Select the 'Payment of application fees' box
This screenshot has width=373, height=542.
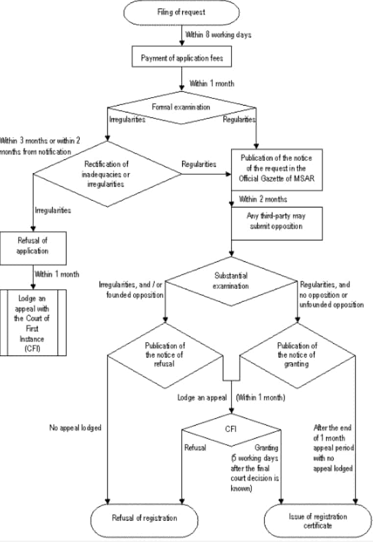click(x=182, y=58)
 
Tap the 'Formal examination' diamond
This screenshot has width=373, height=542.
click(x=182, y=106)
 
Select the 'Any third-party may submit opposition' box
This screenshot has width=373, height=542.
click(x=277, y=223)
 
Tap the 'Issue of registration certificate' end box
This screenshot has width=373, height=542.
click(x=318, y=520)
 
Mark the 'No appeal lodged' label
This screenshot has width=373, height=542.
click(x=75, y=427)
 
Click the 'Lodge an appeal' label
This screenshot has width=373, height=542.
click(x=202, y=397)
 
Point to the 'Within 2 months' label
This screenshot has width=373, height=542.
click(x=263, y=199)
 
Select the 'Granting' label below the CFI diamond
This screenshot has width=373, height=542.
click(x=267, y=448)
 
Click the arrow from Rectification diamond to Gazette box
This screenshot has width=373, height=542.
click(x=206, y=172)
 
